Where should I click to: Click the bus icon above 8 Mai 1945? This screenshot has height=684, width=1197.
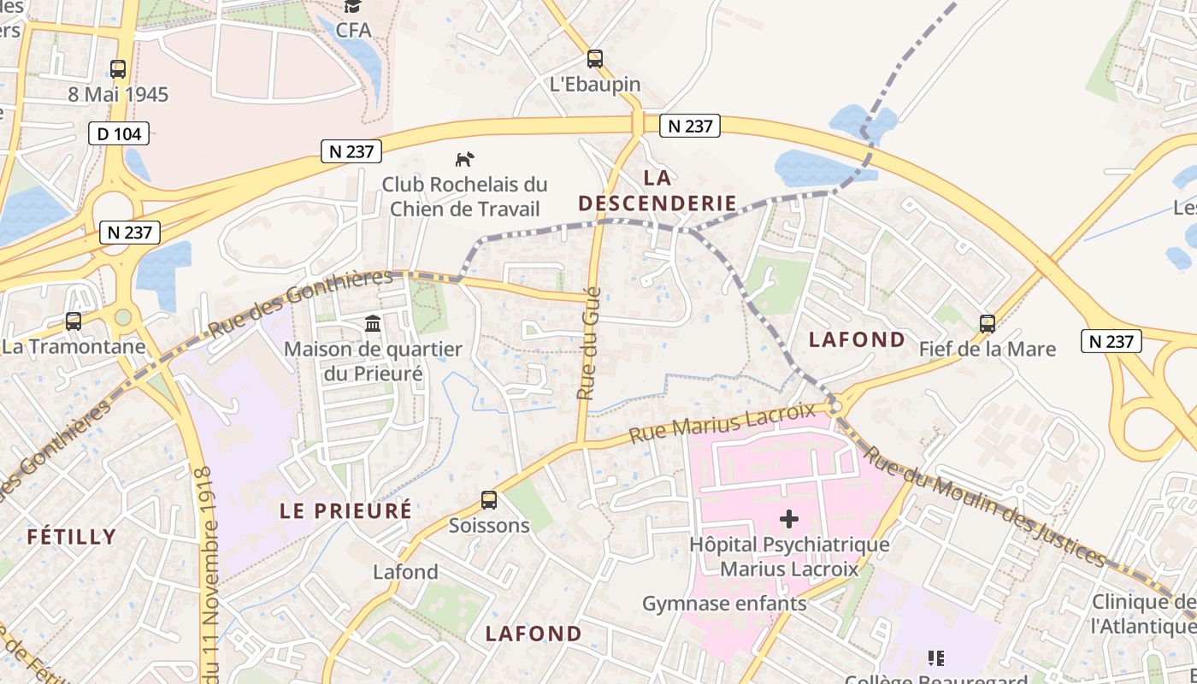tap(118, 69)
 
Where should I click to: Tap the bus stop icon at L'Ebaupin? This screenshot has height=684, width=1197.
tap(594, 59)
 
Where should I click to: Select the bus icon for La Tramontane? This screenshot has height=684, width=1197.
tap(74, 321)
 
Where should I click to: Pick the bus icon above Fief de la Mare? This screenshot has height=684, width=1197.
tap(988, 324)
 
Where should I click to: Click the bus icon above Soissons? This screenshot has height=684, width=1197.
tap(489, 500)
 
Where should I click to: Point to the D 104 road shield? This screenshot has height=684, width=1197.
tap(119, 133)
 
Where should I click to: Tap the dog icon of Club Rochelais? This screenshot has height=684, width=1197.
tap(464, 159)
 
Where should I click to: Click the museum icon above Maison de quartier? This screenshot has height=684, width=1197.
tap(373, 324)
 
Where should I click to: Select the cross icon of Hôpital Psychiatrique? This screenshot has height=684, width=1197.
tap(789, 519)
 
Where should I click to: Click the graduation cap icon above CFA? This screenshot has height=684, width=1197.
tap(352, 7)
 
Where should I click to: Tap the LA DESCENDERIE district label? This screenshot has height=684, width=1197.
tap(657, 191)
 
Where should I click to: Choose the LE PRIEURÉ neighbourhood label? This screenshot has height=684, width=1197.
tap(346, 510)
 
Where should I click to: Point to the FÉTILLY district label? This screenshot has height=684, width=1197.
tap(71, 537)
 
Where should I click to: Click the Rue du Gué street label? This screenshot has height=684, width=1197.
tap(589, 344)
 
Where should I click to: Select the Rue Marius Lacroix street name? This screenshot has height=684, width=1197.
tap(722, 423)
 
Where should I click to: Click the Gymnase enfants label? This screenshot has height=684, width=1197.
tap(724, 604)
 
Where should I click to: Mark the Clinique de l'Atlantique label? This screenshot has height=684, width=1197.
tap(1143, 614)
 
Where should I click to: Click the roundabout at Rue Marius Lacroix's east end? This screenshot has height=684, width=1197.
tap(837, 406)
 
